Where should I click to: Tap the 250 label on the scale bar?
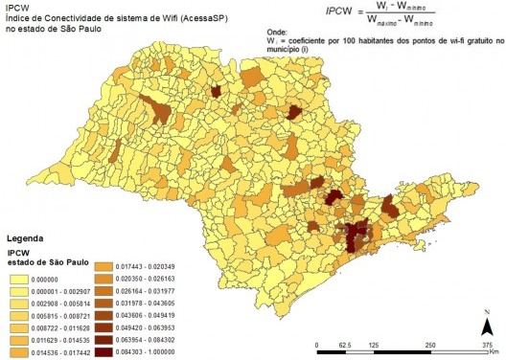tap(430, 343)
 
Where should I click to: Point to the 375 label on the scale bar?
tap(487, 343)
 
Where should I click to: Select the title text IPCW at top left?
tap(16, 6)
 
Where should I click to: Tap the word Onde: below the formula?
tap(282, 43)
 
